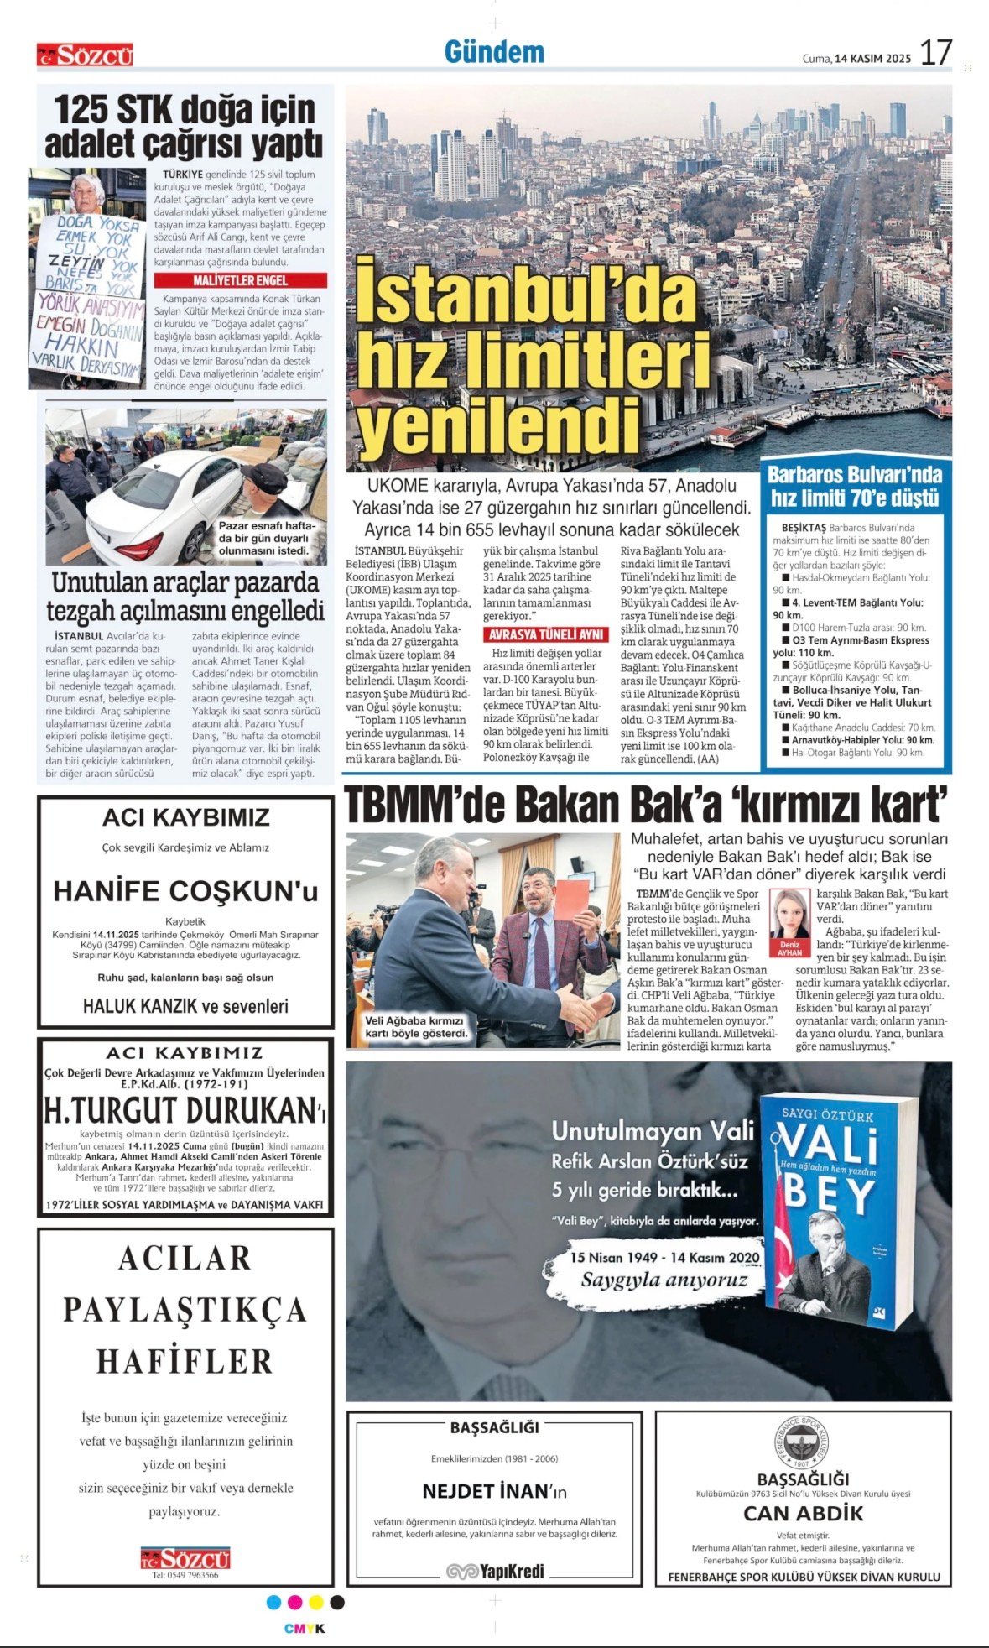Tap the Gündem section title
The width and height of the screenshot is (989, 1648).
tap(494, 52)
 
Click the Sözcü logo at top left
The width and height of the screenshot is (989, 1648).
tap(85, 55)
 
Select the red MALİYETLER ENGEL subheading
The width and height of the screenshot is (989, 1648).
tap(240, 280)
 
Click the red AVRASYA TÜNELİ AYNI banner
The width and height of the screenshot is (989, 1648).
tap(546, 634)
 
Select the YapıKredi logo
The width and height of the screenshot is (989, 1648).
tap(495, 1571)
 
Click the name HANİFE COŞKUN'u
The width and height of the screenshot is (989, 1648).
tap(185, 890)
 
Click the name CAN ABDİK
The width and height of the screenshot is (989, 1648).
tap(803, 1513)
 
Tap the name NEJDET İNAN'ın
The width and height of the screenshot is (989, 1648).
tap(494, 1491)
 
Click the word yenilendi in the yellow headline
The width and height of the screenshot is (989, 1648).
tap(497, 425)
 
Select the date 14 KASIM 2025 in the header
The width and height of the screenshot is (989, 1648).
tap(872, 59)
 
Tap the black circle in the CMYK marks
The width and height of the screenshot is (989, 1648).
tap(337, 1603)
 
